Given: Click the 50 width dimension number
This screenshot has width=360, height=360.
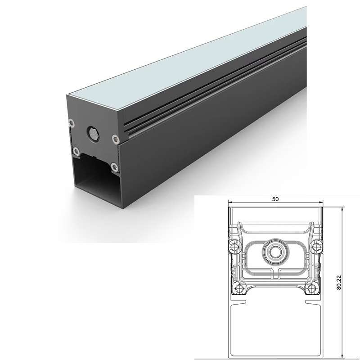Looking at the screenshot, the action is click(x=275, y=199).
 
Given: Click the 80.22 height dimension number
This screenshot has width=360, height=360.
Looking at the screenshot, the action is click(x=339, y=283).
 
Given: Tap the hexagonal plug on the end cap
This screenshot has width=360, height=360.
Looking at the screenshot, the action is click(x=93, y=133).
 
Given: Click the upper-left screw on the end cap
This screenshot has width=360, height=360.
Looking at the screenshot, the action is click(x=72, y=123).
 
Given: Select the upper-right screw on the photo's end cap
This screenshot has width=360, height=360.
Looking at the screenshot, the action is click(x=115, y=139).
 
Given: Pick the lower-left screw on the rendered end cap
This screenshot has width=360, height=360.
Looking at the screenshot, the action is click(x=76, y=151).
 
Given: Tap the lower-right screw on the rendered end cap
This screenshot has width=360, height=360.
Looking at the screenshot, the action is click(x=114, y=166).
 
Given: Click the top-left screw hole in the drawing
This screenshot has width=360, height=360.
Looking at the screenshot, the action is click(x=234, y=247).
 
